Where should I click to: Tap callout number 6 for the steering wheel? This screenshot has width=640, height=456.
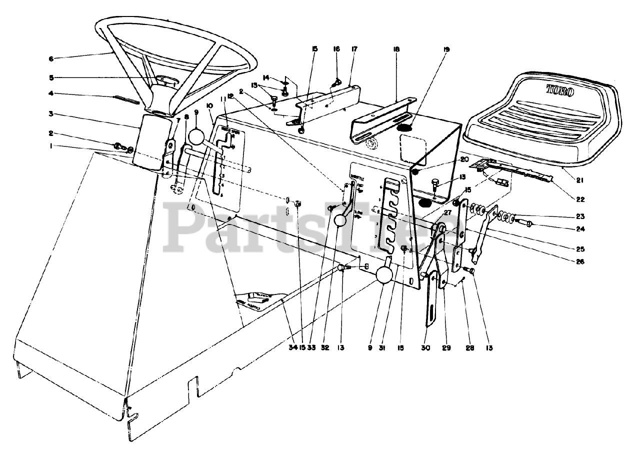click(x=50, y=58)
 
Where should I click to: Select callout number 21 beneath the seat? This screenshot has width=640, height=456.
click(x=579, y=179)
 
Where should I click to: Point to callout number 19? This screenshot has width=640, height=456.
click(x=446, y=49)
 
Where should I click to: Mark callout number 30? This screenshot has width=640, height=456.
click(x=425, y=346)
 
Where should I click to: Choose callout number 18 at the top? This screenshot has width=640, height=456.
click(x=396, y=49)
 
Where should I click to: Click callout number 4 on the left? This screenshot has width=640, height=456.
click(x=50, y=93)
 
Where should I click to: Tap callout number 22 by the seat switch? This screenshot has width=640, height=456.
click(x=579, y=199)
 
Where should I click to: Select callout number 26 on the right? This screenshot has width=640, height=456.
click(x=579, y=261)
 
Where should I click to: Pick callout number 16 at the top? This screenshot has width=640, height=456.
click(x=336, y=49)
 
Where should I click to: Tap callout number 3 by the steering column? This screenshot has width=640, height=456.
click(x=50, y=114)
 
